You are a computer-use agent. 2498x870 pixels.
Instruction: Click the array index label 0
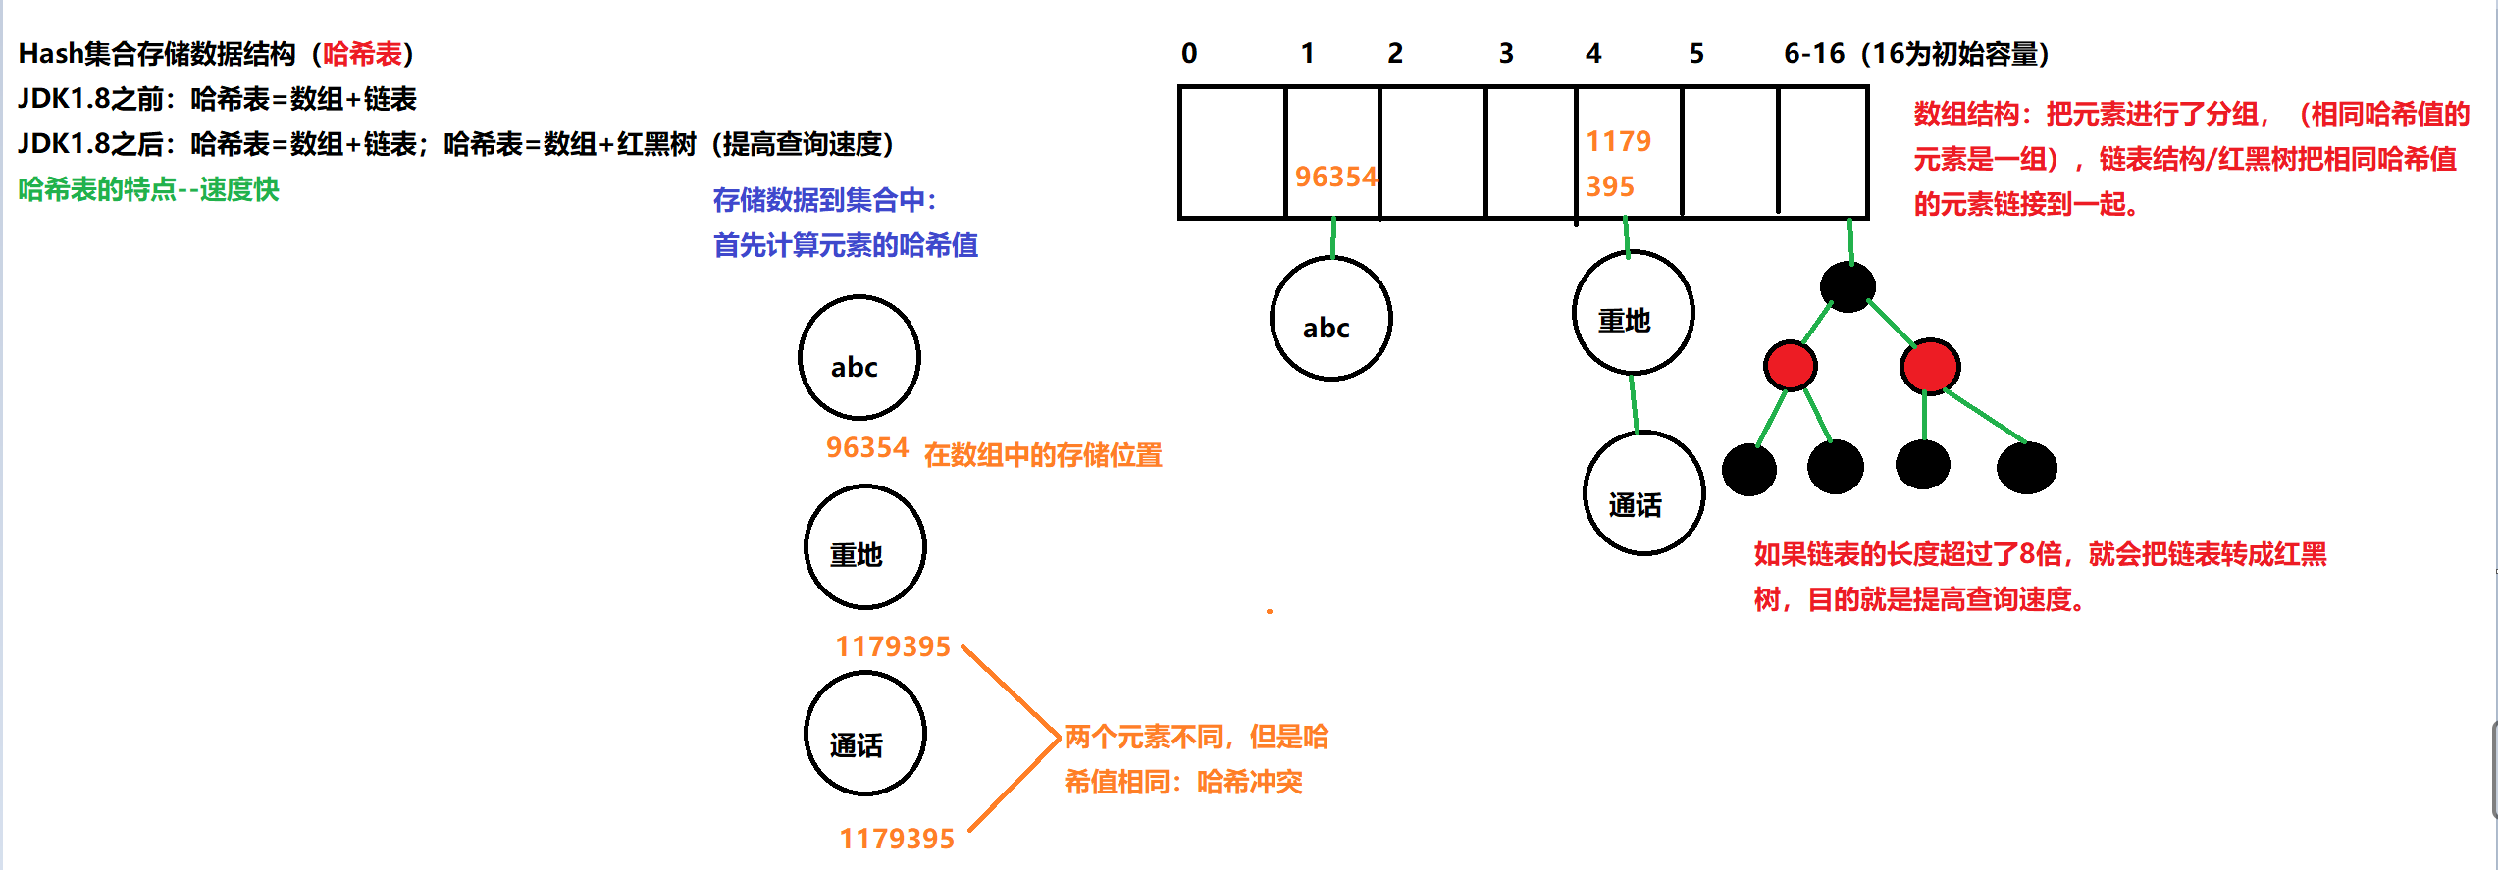tap(1189, 53)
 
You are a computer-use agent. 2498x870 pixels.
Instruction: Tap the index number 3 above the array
tap(1506, 53)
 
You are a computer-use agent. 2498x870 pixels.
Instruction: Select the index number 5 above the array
tap(1696, 53)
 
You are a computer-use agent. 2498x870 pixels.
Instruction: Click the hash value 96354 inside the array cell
tap(1335, 177)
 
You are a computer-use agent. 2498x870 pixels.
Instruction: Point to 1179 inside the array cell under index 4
tap(1619, 141)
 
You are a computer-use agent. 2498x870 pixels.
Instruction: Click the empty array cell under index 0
tap(1232, 152)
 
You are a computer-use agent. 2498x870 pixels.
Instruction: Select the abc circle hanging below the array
tap(1330, 319)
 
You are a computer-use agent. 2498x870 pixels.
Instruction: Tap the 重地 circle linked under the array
tap(1633, 313)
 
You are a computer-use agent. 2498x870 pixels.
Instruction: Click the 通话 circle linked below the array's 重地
tap(1643, 493)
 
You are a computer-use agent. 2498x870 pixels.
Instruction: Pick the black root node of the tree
tap(1847, 286)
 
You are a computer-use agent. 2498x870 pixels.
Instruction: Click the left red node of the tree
tap(1790, 366)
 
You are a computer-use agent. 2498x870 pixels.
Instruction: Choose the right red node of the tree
tap(1930, 367)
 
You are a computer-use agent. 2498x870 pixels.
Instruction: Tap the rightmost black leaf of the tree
tap(2026, 468)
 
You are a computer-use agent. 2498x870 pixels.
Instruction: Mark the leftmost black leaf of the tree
tap(1749, 470)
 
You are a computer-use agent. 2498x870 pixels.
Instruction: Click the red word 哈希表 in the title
tap(362, 54)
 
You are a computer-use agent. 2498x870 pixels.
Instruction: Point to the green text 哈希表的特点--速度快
tap(148, 189)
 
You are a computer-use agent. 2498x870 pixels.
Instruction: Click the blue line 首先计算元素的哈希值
tap(845, 245)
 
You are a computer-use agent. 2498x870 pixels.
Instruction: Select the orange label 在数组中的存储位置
tap(1043, 455)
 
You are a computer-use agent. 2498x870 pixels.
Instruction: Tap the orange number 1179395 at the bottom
tap(897, 839)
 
